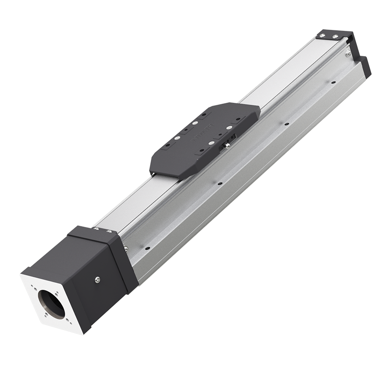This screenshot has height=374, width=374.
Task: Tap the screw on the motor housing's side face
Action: [97, 280]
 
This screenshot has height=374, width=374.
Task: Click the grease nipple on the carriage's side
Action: [226, 146]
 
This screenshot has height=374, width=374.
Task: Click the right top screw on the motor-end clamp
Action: [108, 230]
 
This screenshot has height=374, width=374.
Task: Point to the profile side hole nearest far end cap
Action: [333, 83]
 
